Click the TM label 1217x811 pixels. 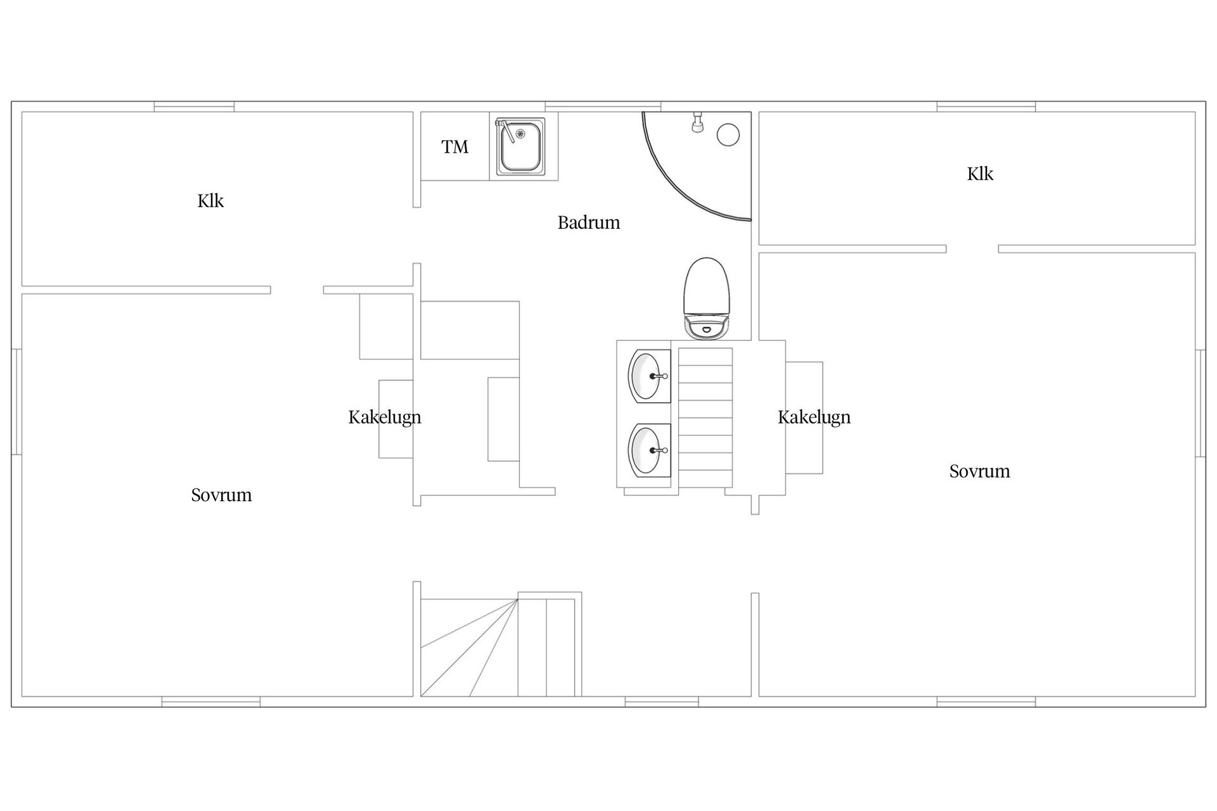454,147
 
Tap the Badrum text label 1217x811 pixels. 589,222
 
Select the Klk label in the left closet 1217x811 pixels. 210,201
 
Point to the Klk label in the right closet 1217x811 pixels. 980,174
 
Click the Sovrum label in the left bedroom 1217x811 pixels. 221,495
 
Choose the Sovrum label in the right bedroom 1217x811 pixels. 979,471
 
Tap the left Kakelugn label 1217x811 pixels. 385,418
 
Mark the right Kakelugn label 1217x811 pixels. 814,418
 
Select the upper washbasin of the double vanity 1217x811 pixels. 649,376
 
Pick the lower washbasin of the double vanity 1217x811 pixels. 649,450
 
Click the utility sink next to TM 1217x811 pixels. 520,146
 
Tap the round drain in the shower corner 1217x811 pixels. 728,135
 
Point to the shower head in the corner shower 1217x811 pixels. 697,122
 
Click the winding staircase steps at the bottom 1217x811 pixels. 498,647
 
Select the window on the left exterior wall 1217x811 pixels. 17,402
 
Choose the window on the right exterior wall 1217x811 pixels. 1200,403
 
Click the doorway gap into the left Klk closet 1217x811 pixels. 297,290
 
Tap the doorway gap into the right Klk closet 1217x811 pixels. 972,249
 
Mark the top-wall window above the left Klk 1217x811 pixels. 194,106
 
